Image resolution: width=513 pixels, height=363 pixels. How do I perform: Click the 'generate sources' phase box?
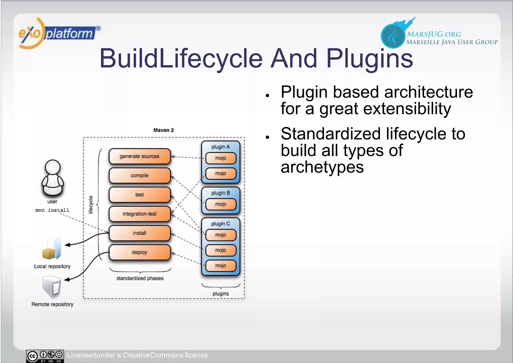tap(140, 156)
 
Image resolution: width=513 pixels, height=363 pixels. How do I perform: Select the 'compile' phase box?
tap(140, 175)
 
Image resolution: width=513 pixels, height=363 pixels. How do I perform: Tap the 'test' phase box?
tap(140, 195)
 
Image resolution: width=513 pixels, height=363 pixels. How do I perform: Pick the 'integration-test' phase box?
tap(140, 214)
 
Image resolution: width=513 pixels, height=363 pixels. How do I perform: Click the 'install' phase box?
tap(140, 233)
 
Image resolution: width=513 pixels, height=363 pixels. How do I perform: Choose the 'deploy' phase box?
tap(140, 252)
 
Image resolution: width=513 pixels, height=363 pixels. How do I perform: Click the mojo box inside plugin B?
tap(221, 204)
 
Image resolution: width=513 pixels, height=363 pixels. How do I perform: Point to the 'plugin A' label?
tap(220, 147)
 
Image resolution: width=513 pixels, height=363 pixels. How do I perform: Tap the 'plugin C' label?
tap(220, 224)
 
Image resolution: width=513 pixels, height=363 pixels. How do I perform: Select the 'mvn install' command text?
tap(52, 210)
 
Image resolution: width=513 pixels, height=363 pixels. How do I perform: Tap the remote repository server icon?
tap(52, 287)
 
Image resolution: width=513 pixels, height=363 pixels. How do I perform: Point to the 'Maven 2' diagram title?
tap(163, 130)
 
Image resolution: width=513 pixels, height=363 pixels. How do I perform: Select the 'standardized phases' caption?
tap(140, 278)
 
